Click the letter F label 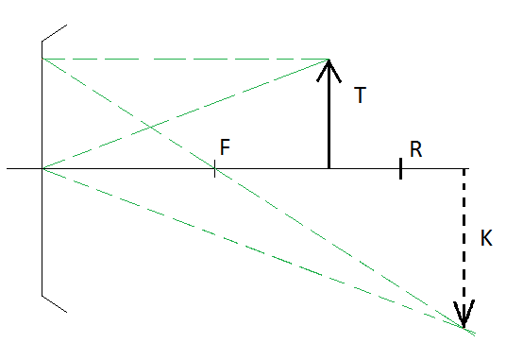click(225, 146)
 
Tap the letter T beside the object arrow click(360, 94)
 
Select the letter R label click(415, 149)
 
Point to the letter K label click(486, 238)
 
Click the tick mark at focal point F click(214, 168)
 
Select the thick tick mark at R click(400, 168)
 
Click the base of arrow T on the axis click(329, 168)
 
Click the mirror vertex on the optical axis click(42, 168)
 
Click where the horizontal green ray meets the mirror click(42, 59)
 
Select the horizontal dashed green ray click(185, 60)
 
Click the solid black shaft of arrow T click(329, 113)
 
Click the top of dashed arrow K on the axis click(464, 169)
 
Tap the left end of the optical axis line click(8, 168)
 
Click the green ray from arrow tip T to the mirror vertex click(186, 113)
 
